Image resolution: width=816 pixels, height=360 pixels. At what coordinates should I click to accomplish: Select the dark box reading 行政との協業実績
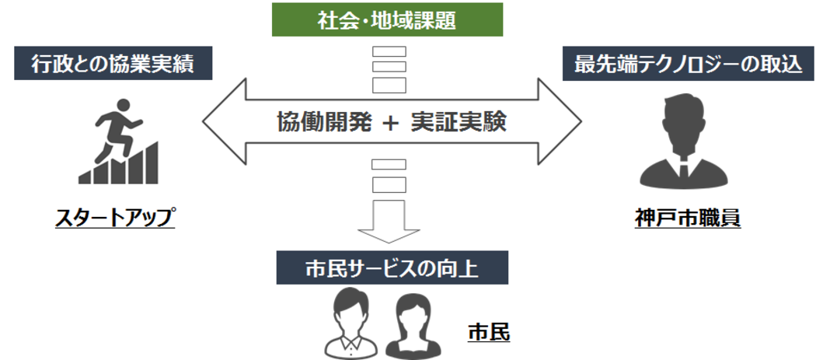coord(113,64)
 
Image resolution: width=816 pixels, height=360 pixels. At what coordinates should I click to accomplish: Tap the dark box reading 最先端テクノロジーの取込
coord(688,64)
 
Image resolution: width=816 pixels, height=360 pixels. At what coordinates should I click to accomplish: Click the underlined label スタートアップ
coord(114,217)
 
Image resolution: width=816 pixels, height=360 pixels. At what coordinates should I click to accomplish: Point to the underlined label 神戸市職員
coord(687,218)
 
